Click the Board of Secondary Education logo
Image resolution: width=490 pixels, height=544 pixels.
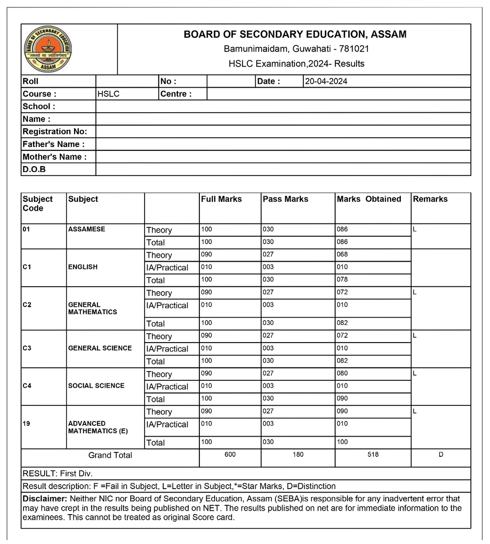pyautogui.click(x=48, y=49)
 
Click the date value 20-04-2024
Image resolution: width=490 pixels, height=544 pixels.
pyautogui.click(x=326, y=81)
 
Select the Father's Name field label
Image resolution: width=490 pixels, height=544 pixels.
pyautogui.click(x=53, y=144)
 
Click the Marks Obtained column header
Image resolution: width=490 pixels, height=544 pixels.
pyautogui.click(x=368, y=199)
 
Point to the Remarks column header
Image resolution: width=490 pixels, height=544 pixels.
pyautogui.click(x=430, y=199)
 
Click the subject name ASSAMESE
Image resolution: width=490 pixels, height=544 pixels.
pyautogui.click(x=86, y=229)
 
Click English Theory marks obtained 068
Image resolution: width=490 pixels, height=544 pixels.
pyautogui.click(x=342, y=254)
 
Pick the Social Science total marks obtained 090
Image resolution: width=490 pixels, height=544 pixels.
pyautogui.click(x=342, y=398)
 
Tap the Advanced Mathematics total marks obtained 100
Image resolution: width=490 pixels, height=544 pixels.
pyautogui.click(x=342, y=442)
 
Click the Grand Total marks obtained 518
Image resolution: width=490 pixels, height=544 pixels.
pyautogui.click(x=373, y=454)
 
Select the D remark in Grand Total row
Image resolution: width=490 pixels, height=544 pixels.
pyautogui.click(x=441, y=454)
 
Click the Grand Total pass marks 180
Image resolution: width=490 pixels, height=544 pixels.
pyautogui.click(x=298, y=454)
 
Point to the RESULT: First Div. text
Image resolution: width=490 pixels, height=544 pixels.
pyautogui.click(x=57, y=473)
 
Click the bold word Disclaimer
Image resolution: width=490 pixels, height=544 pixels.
pyautogui.click(x=41, y=498)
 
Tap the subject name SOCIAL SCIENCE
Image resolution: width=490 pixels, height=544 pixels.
pyautogui.click(x=96, y=386)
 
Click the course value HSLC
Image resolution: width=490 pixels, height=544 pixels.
pyautogui.click(x=108, y=94)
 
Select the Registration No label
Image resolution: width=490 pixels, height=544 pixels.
pyautogui.click(x=55, y=131)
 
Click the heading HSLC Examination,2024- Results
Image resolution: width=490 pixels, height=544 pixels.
pyautogui.click(x=296, y=64)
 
